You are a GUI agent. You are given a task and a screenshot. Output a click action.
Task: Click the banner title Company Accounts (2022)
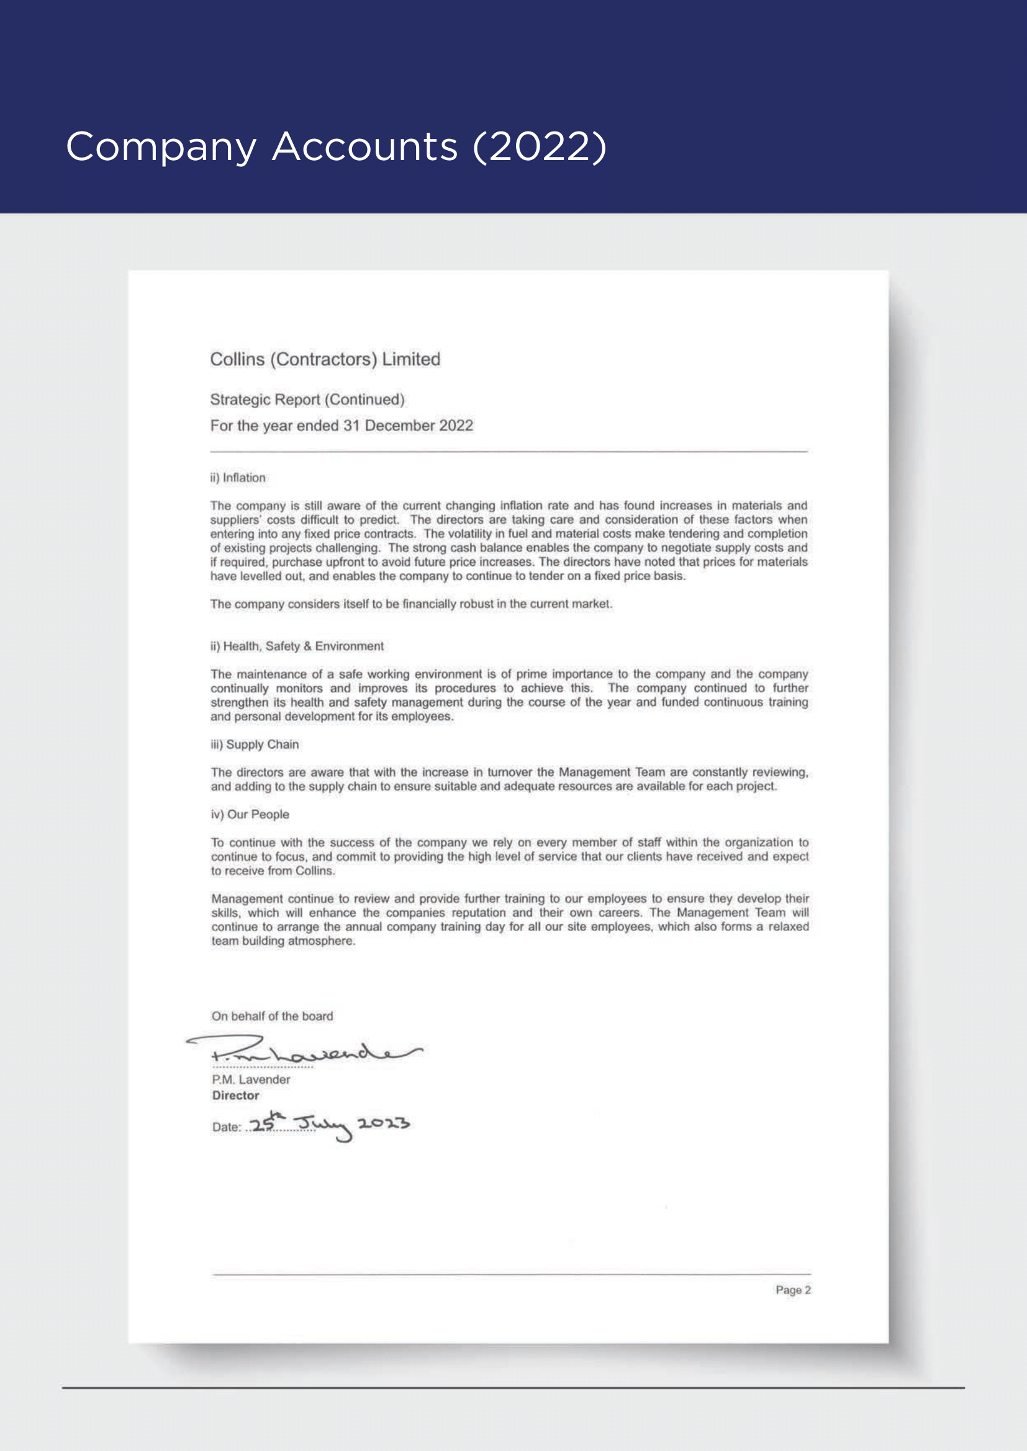(x=336, y=146)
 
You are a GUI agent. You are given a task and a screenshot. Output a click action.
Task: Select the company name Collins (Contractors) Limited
(x=325, y=359)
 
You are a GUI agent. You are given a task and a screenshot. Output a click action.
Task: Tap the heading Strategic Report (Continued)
(x=307, y=400)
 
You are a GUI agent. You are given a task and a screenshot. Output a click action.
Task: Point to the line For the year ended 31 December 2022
(x=342, y=426)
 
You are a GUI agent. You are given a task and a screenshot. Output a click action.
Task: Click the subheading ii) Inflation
(x=238, y=478)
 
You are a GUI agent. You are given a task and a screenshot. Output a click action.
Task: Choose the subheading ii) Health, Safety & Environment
(x=297, y=646)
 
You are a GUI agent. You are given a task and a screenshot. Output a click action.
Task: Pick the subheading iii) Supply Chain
(x=255, y=744)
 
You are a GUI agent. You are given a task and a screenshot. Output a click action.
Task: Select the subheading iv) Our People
(x=250, y=815)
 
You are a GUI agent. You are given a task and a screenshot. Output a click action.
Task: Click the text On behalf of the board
(x=272, y=1016)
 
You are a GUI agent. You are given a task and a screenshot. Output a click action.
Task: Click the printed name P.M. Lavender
(x=251, y=1079)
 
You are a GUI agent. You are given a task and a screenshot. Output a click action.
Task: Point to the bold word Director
(x=236, y=1095)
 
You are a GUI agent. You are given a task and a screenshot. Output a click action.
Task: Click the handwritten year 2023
(x=383, y=1123)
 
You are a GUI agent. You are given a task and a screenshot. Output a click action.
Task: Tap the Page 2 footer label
(x=793, y=1290)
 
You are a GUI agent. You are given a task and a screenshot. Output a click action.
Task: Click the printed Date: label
(x=227, y=1127)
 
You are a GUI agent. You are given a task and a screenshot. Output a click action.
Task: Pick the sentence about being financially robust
(x=411, y=604)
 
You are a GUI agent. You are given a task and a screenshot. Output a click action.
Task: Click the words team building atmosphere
(x=283, y=941)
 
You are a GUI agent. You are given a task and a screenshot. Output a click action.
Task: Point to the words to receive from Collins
(x=273, y=871)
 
